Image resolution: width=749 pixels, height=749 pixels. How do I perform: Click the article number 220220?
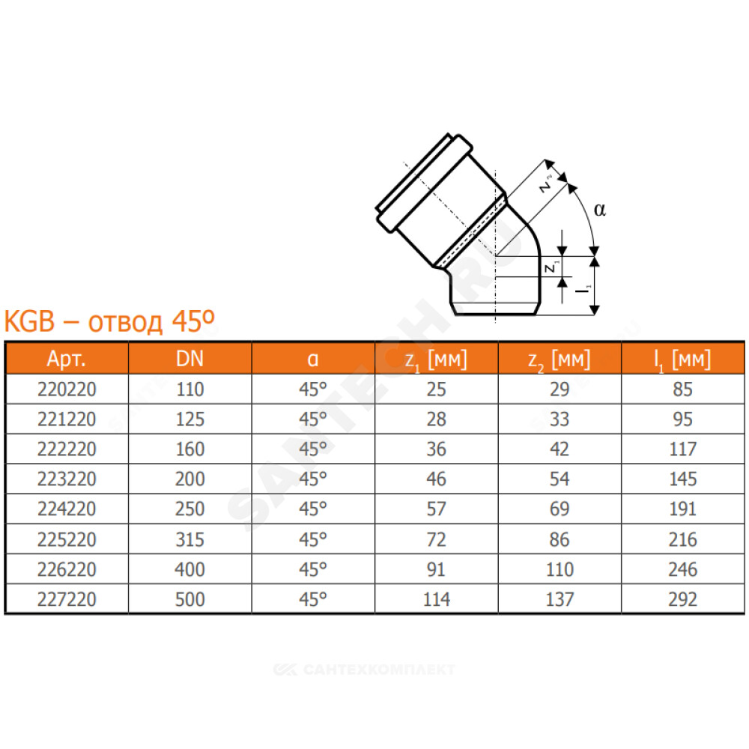[x=67, y=389]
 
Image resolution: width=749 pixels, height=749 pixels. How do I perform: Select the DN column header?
[x=189, y=358]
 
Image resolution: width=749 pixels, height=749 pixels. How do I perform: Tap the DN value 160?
[x=190, y=449]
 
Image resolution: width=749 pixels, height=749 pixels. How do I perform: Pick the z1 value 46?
[x=436, y=479]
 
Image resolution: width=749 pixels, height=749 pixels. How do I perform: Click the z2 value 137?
[x=560, y=599]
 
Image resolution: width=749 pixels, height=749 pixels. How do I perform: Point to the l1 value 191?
[x=682, y=509]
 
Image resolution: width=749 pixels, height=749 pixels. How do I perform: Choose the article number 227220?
[x=67, y=599]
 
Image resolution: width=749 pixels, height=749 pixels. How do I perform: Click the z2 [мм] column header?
[x=559, y=360]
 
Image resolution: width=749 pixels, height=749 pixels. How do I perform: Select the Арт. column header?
[x=67, y=358]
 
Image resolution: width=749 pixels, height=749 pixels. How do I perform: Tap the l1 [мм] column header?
[x=682, y=360]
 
